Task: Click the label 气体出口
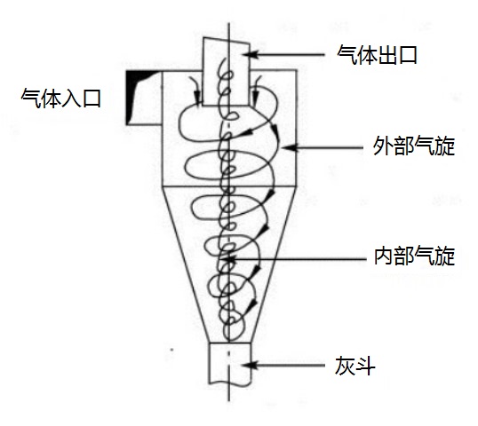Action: click(377, 55)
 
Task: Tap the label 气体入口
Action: click(61, 98)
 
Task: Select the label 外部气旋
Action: click(414, 146)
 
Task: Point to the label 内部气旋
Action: click(414, 256)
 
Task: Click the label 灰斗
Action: click(355, 366)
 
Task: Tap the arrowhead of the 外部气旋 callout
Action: click(289, 147)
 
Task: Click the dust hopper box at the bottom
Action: click(229, 364)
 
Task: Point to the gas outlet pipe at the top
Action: click(227, 72)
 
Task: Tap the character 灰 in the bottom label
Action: click(345, 366)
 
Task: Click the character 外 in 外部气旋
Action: click(383, 146)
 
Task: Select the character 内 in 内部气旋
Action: click(384, 256)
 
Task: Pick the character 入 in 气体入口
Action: click(71, 98)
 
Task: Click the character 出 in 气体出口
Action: click(387, 55)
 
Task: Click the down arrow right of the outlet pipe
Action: click(256, 90)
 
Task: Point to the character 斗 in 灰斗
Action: click(364, 366)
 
